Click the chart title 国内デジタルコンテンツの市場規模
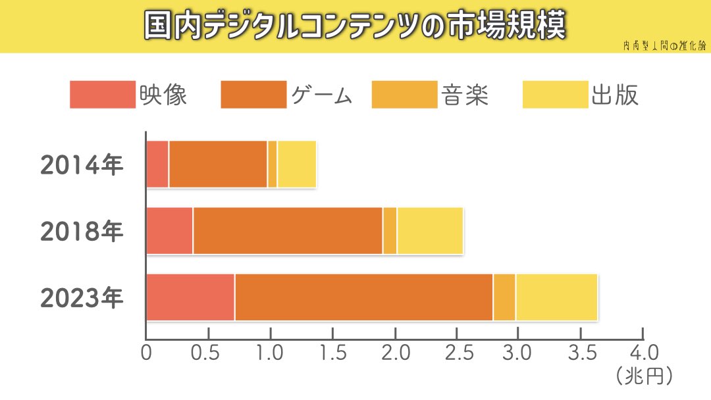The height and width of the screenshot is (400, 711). (x=355, y=26)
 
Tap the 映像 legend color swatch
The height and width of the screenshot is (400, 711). (x=102, y=95)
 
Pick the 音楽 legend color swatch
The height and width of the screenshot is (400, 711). (x=404, y=95)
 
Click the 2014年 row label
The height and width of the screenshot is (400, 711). (x=82, y=165)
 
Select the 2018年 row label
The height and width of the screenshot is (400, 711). (x=82, y=232)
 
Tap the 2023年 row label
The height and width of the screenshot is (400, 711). (x=82, y=298)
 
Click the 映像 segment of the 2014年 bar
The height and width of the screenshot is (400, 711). (x=157, y=164)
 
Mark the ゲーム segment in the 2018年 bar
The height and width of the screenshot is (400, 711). (x=288, y=231)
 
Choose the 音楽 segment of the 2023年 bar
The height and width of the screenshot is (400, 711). (x=504, y=297)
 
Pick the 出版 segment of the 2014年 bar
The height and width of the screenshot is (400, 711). (x=297, y=164)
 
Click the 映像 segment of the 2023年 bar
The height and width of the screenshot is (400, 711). (x=190, y=297)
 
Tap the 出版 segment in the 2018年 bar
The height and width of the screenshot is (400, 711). (x=430, y=231)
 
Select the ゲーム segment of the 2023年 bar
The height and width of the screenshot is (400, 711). (x=364, y=297)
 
